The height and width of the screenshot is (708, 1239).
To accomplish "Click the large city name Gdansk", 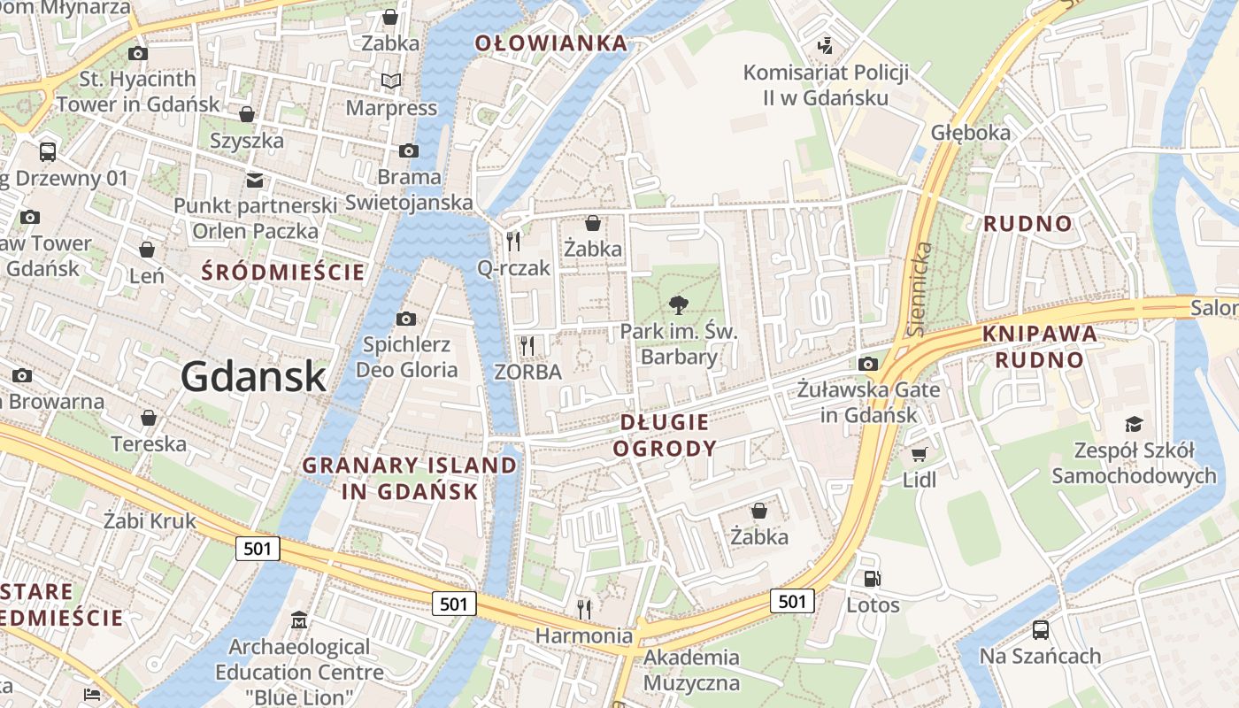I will (x=254, y=377).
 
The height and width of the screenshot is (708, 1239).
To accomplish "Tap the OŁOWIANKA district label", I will (x=550, y=42).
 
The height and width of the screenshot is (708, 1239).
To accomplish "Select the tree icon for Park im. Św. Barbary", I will (x=679, y=306).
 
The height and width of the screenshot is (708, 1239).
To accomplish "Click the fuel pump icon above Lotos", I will (x=873, y=579).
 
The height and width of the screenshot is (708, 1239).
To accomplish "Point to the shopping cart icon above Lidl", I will (x=920, y=454).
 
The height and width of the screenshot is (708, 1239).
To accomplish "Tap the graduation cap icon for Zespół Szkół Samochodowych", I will (x=1134, y=424).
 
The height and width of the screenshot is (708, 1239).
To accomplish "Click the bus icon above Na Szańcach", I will (x=1041, y=630).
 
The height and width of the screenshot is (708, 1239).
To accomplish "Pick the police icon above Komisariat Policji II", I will (x=826, y=44).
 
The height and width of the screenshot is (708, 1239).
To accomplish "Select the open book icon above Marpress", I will (x=391, y=81).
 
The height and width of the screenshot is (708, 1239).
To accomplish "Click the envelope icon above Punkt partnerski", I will (x=255, y=180).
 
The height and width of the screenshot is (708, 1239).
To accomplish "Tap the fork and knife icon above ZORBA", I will (x=527, y=345).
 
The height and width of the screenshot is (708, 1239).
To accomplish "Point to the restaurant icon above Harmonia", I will (x=584, y=609).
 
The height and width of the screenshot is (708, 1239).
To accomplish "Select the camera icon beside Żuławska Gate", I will (x=868, y=364).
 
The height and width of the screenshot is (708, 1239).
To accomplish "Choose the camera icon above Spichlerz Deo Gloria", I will (x=406, y=319).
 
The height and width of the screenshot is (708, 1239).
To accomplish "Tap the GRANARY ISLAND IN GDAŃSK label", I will (x=410, y=478).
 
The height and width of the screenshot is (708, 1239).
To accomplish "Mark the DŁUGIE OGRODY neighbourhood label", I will (x=665, y=435).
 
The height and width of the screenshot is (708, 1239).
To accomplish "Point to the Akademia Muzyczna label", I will (x=691, y=670).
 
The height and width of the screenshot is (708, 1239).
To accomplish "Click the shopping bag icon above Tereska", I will (x=149, y=417).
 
